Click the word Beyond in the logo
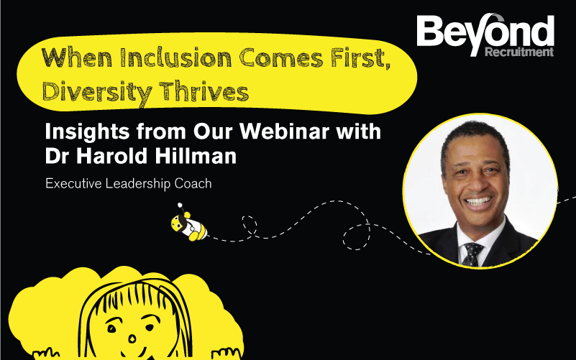[x=485, y=33]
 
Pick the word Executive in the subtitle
[x=76, y=184]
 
